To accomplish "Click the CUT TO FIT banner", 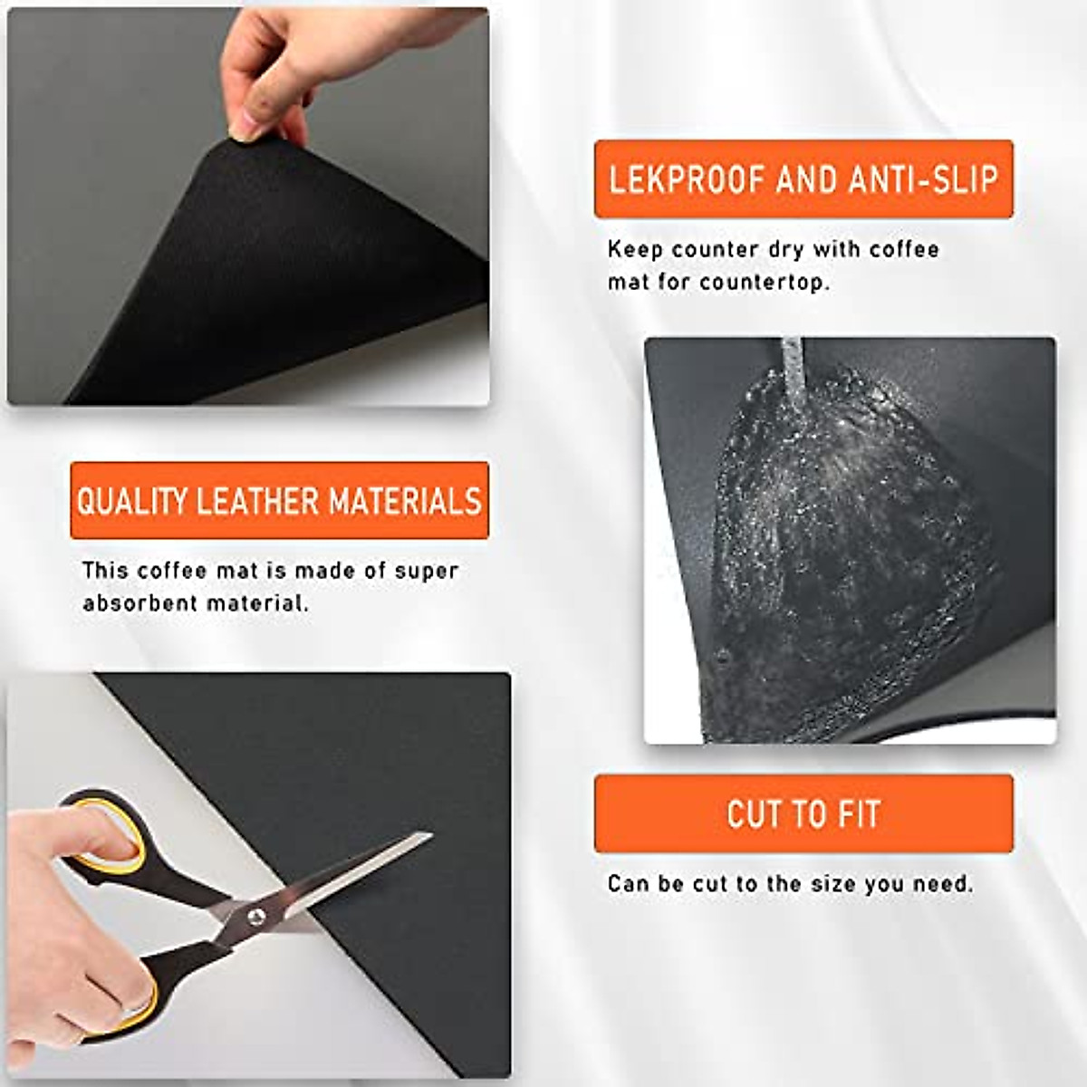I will (803, 813).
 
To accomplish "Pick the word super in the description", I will (426, 572).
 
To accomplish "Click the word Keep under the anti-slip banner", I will (635, 249).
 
